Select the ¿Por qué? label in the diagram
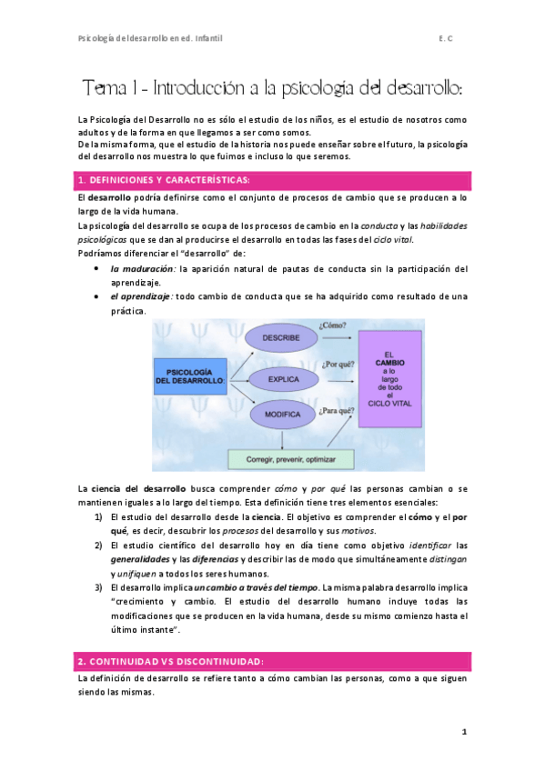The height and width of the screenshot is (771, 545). tap(336, 364)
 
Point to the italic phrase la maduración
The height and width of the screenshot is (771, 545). tap(142, 269)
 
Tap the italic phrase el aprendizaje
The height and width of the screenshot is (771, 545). tap(141, 296)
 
